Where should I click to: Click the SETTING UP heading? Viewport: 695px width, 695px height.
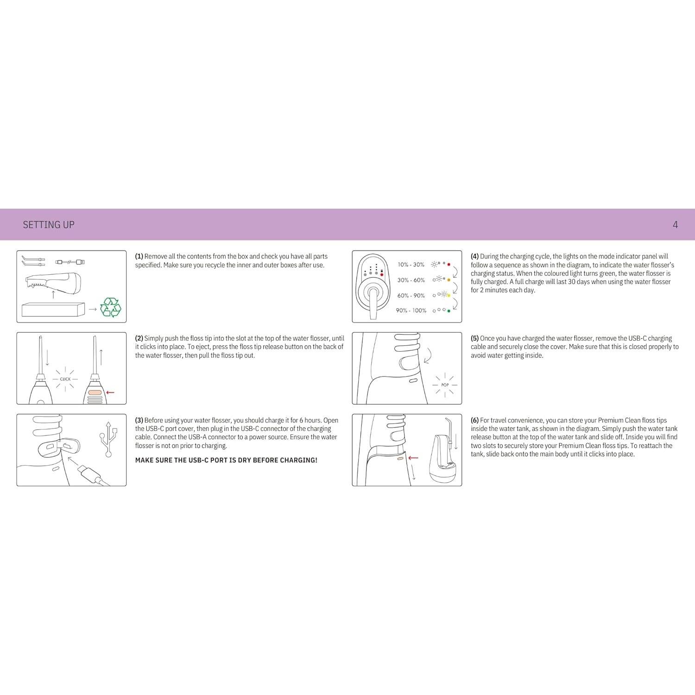coord(49,225)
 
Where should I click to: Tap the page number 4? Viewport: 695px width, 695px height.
coord(675,225)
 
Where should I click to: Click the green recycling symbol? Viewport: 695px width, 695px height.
coord(110,307)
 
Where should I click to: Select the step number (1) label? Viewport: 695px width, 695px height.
coord(139,256)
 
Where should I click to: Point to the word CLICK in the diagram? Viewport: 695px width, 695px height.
coord(65,379)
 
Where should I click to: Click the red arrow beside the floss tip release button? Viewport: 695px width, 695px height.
coord(110,392)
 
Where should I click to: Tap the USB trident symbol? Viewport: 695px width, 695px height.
coord(108,439)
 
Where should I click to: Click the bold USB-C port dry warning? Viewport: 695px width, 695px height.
coord(226,460)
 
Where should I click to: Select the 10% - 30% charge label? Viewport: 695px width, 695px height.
coord(411,265)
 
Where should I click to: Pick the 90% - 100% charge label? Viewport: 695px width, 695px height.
coord(411,310)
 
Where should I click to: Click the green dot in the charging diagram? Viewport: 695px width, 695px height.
coord(449,311)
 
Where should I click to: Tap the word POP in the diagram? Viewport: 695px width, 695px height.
coord(445,385)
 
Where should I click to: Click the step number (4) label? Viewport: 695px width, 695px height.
coord(475,256)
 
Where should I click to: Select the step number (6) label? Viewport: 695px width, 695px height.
coord(475,420)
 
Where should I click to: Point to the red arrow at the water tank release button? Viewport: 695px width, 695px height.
coord(413,458)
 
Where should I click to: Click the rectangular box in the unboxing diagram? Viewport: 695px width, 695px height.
coord(53,310)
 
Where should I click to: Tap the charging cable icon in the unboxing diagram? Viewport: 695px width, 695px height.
coord(70,262)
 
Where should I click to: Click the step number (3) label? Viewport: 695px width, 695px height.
coord(139,420)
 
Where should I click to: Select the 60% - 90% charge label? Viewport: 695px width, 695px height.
coord(411,296)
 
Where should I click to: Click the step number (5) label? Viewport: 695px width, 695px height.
coord(475,338)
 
